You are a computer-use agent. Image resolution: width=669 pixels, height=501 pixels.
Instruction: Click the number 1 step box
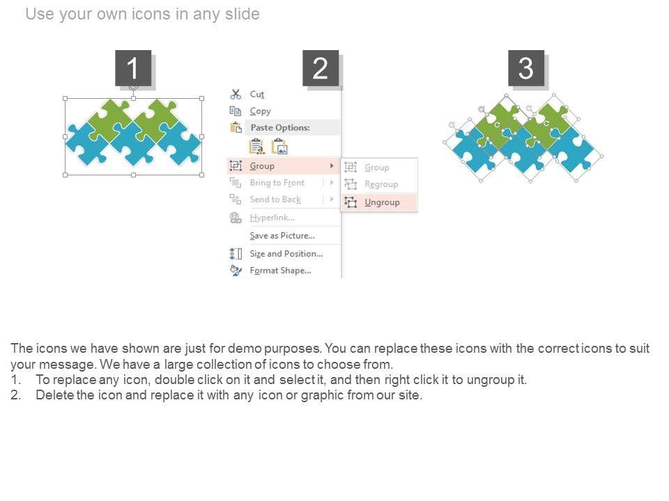(133, 68)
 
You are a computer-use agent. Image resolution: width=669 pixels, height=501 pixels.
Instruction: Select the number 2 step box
(321, 68)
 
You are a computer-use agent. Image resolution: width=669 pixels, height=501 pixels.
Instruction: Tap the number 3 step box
(526, 68)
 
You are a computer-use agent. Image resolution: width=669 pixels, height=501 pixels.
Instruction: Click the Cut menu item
(257, 94)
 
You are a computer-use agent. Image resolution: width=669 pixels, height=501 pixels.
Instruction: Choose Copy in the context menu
(260, 111)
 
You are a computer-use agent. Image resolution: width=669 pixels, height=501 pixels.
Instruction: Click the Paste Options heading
(280, 127)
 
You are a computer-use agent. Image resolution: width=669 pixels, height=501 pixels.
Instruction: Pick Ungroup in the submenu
(382, 202)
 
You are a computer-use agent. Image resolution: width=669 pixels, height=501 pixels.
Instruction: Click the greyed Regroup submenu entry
(381, 184)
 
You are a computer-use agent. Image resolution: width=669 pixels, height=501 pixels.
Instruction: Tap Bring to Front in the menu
(277, 183)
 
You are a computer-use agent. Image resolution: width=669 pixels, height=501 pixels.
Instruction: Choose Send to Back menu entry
(275, 200)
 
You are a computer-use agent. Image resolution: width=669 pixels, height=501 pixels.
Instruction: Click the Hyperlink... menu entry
(272, 218)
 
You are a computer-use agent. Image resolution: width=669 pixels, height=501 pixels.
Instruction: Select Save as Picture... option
(282, 236)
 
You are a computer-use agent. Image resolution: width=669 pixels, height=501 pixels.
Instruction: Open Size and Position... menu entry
(286, 253)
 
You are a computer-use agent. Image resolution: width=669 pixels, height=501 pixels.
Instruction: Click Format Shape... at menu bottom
(280, 271)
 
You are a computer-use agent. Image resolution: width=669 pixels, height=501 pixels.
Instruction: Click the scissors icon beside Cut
(236, 94)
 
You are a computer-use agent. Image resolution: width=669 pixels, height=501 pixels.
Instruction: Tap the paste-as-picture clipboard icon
(280, 147)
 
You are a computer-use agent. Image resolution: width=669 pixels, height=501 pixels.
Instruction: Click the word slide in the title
(243, 14)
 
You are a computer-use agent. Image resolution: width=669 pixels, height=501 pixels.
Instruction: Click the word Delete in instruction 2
(56, 395)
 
